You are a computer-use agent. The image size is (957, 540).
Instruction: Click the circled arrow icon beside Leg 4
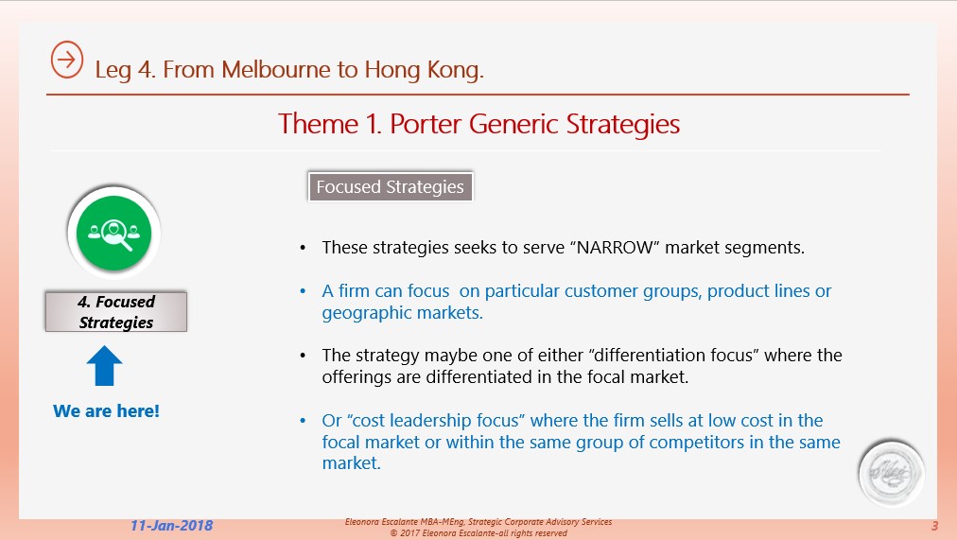tap(66, 60)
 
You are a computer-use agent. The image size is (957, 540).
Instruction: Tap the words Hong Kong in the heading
tap(425, 70)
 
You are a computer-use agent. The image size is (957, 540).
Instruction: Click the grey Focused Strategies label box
tap(390, 186)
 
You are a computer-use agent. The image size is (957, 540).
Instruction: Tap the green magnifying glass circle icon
tap(113, 233)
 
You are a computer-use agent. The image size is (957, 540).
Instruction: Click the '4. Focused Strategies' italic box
tap(116, 312)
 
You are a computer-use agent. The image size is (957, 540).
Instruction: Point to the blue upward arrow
tap(104, 365)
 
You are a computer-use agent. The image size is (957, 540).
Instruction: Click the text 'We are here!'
tap(106, 411)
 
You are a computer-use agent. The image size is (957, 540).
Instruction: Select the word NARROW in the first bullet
tap(615, 248)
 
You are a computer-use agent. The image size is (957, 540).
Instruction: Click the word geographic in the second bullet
tap(358, 313)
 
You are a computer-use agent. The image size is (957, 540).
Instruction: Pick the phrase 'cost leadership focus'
tap(436, 421)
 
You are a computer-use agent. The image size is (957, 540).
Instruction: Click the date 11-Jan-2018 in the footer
tap(171, 526)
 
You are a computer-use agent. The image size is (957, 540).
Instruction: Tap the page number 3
tap(934, 526)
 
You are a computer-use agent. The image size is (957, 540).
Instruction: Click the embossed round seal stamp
tap(891, 474)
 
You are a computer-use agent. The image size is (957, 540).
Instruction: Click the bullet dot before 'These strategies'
tap(303, 248)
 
